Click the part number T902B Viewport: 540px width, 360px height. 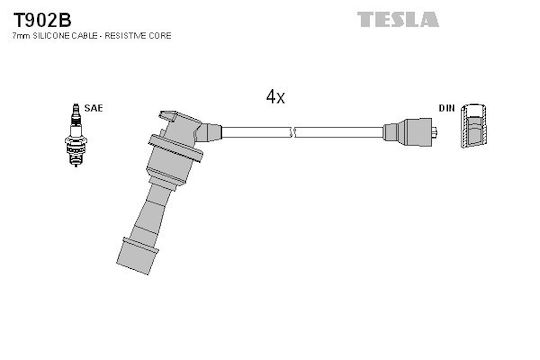coord(42,20)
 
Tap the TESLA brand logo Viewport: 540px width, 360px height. coord(398,19)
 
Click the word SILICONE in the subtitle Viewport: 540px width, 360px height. coord(51,36)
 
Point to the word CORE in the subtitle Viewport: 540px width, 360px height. coord(160,36)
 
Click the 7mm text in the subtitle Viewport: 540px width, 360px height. coord(21,36)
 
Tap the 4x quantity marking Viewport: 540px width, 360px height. coord(275,96)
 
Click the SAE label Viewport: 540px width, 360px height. coord(94,108)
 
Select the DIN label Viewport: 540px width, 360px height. coord(447,108)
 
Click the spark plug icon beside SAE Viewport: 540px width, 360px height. coord(76,135)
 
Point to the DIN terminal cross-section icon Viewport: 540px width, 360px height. coord(474,125)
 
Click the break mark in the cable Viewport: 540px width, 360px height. coord(292,132)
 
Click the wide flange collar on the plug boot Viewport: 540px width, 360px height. coord(175,148)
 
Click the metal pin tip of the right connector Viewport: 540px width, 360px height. coord(435,132)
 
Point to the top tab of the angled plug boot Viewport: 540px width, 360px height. coord(168,116)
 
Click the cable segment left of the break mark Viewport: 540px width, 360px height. coord(256,132)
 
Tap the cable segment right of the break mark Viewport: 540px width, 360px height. coord(339,132)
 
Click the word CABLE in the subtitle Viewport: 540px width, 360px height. coord(84,36)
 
